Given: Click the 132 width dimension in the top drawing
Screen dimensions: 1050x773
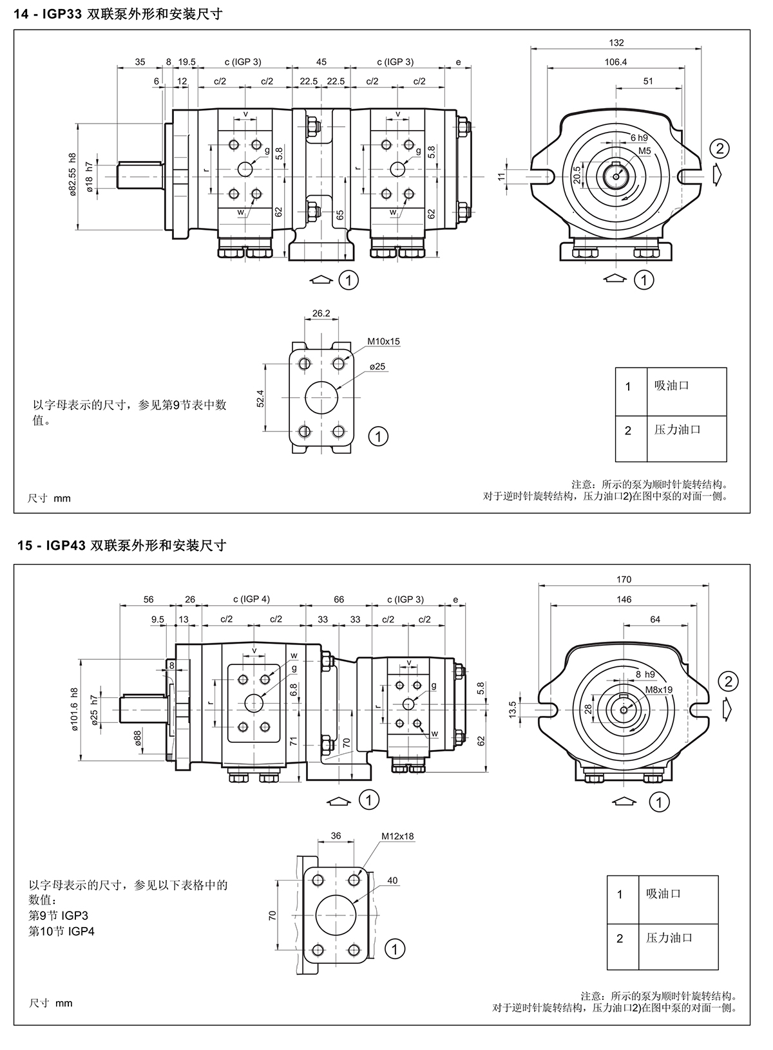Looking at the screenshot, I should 616,42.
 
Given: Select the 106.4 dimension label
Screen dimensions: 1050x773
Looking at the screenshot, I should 616,62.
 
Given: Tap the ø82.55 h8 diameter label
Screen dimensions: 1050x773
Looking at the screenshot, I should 73,173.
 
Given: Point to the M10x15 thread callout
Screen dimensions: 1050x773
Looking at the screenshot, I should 383,341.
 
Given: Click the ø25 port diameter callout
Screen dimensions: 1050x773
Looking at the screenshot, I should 377,366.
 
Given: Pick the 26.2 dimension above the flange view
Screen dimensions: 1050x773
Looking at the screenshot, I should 321,314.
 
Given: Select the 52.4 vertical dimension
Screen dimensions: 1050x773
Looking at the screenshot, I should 260,398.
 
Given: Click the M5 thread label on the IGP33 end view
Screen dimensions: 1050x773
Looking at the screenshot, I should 645,151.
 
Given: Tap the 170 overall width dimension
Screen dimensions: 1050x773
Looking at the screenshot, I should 624,579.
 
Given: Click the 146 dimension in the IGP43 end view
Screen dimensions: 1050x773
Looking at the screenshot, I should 624,599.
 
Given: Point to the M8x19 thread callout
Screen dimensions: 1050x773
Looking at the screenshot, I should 659,689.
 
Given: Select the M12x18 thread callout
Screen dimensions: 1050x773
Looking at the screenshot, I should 397,836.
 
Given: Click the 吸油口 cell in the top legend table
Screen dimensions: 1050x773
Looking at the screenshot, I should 671,386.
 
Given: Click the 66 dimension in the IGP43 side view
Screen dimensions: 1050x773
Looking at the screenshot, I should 339,599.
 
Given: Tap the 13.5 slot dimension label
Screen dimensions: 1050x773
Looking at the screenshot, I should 513,709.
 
